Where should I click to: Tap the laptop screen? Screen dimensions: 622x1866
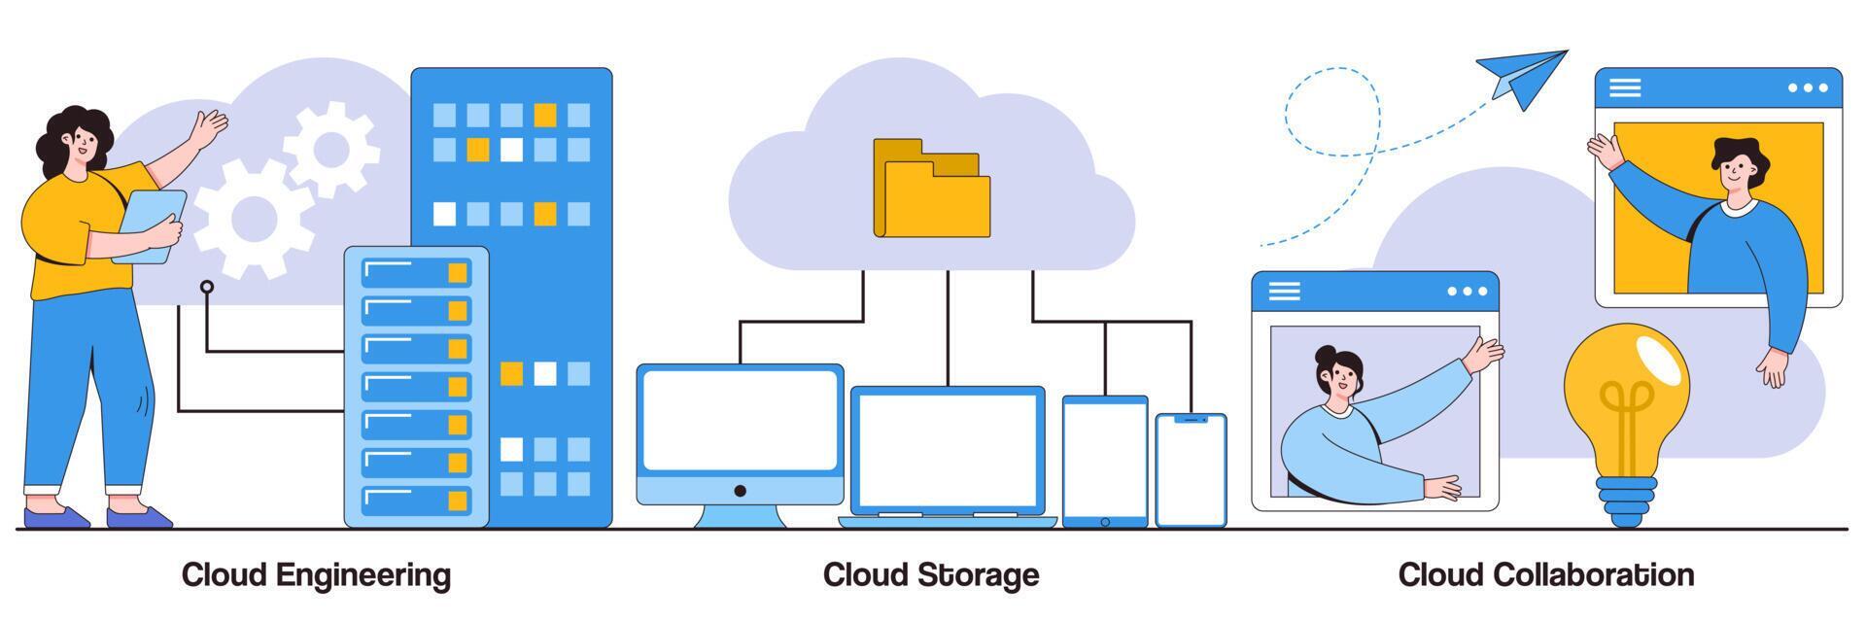tap(948, 449)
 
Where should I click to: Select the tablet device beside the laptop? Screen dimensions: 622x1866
tap(1105, 460)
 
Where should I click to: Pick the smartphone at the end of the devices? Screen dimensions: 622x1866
tap(1191, 470)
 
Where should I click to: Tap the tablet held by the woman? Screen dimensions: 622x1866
tap(151, 225)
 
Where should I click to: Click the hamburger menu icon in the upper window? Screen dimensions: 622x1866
tap(1625, 87)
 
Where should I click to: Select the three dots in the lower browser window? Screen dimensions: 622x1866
tap(1467, 291)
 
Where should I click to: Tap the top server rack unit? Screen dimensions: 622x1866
tap(415, 272)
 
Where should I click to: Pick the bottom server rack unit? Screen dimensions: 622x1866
tap(415, 501)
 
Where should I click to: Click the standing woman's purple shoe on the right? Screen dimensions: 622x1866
tap(139, 517)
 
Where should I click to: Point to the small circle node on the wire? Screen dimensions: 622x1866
tap(206, 287)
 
